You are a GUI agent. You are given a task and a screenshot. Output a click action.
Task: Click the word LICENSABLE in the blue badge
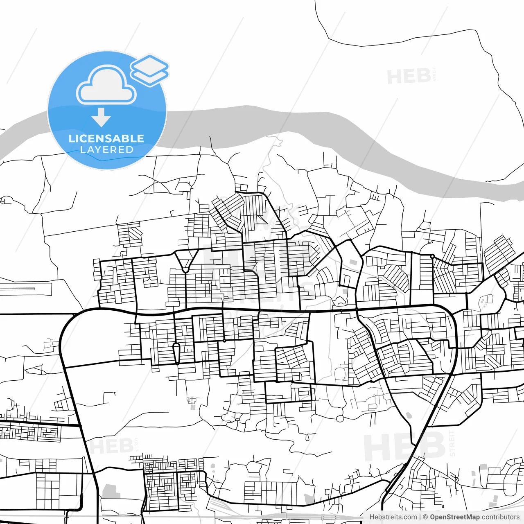[106, 138]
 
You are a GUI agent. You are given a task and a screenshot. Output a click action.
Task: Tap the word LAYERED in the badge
[106, 150]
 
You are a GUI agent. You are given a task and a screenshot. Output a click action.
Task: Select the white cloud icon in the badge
[106, 85]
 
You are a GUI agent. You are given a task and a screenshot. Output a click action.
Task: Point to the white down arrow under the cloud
[101, 117]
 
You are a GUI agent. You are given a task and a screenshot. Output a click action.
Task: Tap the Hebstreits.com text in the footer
[393, 517]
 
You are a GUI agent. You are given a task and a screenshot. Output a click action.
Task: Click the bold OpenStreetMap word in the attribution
[454, 517]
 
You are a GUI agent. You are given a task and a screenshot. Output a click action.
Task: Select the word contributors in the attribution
[500, 517]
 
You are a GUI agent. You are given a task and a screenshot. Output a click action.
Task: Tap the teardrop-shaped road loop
[176, 353]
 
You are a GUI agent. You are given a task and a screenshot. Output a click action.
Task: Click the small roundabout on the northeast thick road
[432, 256]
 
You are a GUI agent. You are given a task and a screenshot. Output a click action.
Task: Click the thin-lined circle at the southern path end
[340, 418]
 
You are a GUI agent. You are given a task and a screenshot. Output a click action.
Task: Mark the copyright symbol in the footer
[425, 517]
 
